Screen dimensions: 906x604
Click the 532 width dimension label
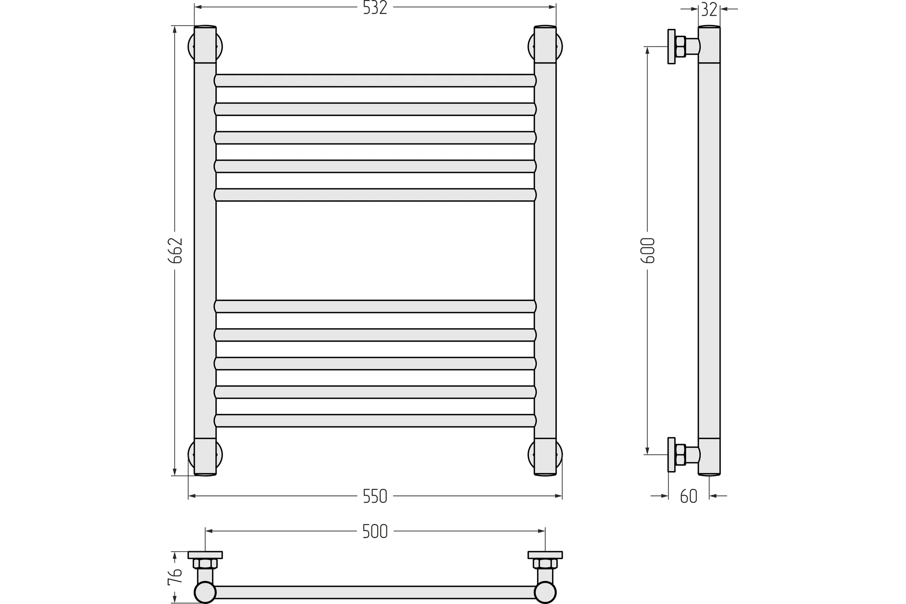(375, 8)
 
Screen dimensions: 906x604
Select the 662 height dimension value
(175, 250)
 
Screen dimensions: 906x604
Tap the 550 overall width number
(375, 496)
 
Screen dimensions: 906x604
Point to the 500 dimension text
(375, 532)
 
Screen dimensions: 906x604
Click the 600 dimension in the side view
(647, 250)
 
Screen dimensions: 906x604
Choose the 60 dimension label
(689, 496)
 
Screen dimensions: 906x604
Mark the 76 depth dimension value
(175, 577)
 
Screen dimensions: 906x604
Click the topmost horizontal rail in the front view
(375, 80)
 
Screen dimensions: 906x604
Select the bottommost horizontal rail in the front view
(375, 421)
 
